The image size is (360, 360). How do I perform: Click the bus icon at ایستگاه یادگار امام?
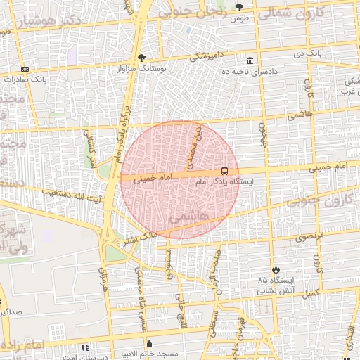coord(224,171)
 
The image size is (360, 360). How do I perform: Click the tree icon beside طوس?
coord(239,7)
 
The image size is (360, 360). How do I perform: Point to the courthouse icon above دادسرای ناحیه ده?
coord(251,61)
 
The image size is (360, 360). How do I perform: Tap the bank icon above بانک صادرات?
coord(25,69)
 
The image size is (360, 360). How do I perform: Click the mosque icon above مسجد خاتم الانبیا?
coord(149,344)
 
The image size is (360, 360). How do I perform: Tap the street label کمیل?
coord(311,291)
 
